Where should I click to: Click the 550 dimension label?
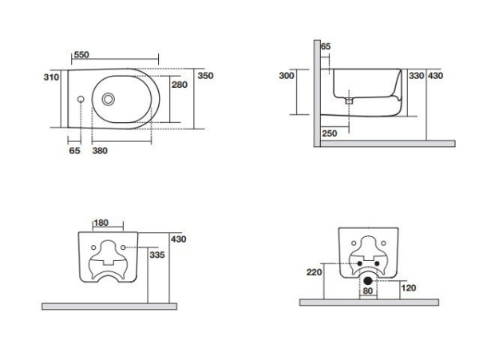pyautogui.click(x=81, y=54)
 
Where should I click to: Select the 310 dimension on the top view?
pyautogui.click(x=51, y=77)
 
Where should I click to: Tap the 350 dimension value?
pyautogui.click(x=205, y=76)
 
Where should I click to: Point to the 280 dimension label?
pyautogui.click(x=180, y=85)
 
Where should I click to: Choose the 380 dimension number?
pyautogui.click(x=100, y=151)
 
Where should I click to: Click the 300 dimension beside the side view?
pyautogui.click(x=287, y=75)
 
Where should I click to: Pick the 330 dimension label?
pyautogui.click(x=417, y=75)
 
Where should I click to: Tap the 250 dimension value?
pyautogui.click(x=330, y=133)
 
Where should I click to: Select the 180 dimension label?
pyautogui.click(x=101, y=223)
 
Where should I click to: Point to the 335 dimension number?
pyautogui.click(x=157, y=255)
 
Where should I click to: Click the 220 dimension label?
pyautogui.click(x=315, y=271)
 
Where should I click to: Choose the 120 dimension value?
pyautogui.click(x=409, y=288)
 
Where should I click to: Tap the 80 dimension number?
pyautogui.click(x=368, y=291)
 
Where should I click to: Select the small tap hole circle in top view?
pyautogui.click(x=81, y=99)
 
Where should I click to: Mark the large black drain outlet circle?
pyautogui.click(x=368, y=281)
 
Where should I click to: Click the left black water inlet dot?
pyautogui.click(x=359, y=263)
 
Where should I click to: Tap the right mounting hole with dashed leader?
pyautogui.click(x=123, y=247)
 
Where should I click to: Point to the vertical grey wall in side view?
pyautogui.click(x=317, y=93)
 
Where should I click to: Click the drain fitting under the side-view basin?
pyautogui.click(x=349, y=101)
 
